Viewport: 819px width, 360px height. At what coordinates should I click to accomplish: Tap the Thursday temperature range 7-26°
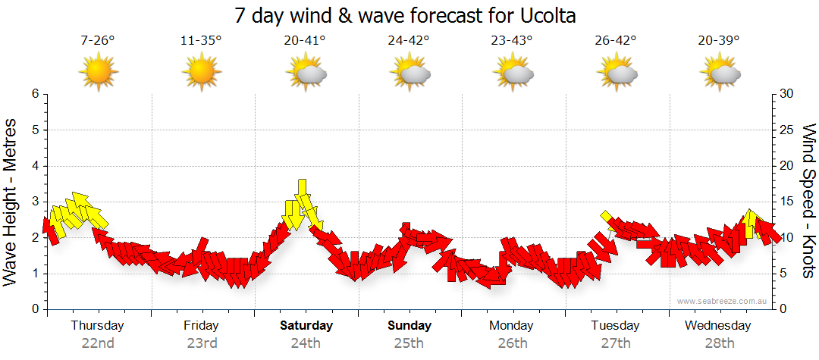tap(98, 41)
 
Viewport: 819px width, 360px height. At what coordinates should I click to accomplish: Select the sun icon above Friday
tap(201, 74)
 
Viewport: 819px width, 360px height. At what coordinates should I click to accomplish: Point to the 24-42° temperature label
tap(408, 41)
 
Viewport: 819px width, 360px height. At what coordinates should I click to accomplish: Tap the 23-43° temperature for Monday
tap(511, 41)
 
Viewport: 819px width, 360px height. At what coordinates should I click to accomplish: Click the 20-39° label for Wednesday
tap(718, 41)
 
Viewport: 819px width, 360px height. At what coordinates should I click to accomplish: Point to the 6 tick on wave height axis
tap(34, 94)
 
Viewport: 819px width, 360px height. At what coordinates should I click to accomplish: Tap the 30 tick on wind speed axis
tap(787, 94)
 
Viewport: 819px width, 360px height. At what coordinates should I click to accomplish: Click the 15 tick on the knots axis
tap(787, 202)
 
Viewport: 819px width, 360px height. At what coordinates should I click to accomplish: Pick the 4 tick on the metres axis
tap(34, 166)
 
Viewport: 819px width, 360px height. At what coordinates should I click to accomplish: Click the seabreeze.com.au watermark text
tap(723, 302)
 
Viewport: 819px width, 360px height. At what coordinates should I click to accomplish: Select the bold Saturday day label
tap(306, 326)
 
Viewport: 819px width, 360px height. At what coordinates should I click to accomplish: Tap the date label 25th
tap(409, 343)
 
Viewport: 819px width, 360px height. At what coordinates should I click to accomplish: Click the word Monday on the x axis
tap(511, 326)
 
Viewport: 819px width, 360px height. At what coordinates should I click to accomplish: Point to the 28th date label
tap(718, 343)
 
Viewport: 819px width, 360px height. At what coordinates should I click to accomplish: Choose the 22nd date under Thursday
tap(98, 343)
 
